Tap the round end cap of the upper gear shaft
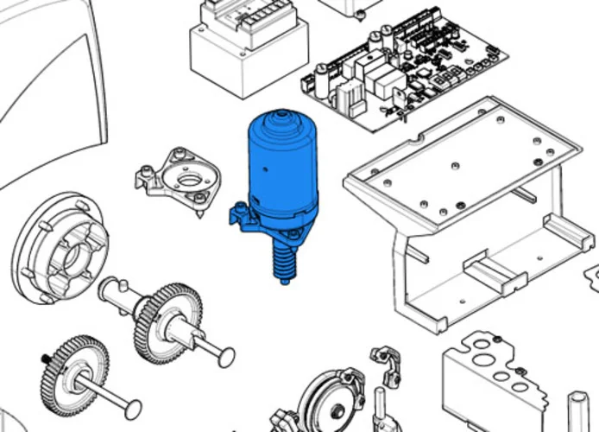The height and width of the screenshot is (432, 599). coord(226,353)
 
